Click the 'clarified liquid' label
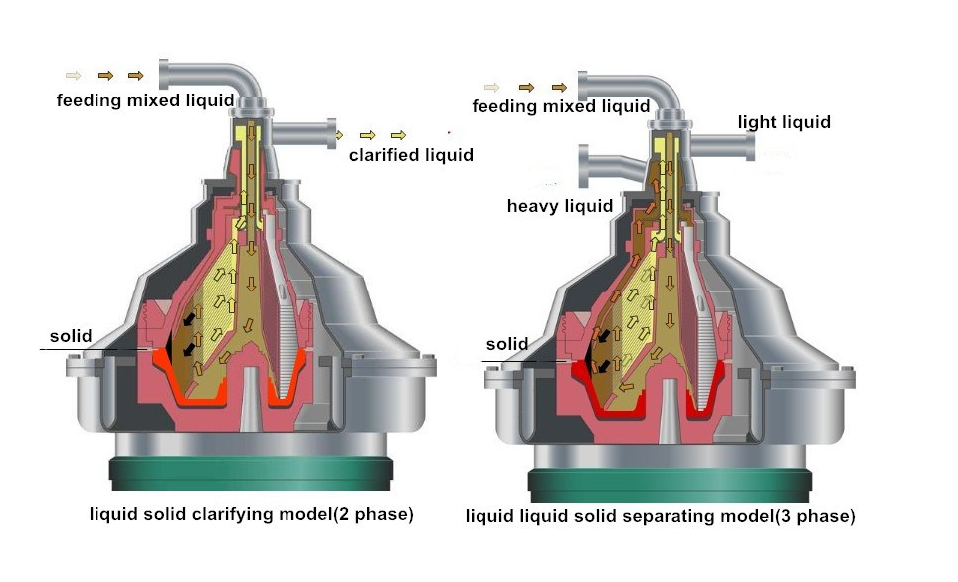tap(410, 155)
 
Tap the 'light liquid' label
tap(784, 122)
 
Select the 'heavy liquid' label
tap(559, 206)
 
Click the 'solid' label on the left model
tap(74, 336)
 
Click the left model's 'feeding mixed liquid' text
tap(144, 100)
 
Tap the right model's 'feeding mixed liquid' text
tap(560, 106)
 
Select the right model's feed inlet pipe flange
tap(584, 87)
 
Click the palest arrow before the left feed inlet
tap(74, 75)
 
